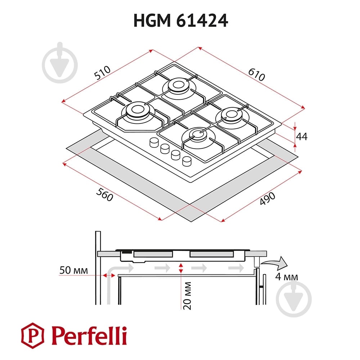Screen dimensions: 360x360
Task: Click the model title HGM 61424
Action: tap(180, 21)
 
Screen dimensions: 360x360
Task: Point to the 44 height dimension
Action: tap(301, 136)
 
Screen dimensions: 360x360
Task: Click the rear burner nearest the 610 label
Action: tap(178, 86)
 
